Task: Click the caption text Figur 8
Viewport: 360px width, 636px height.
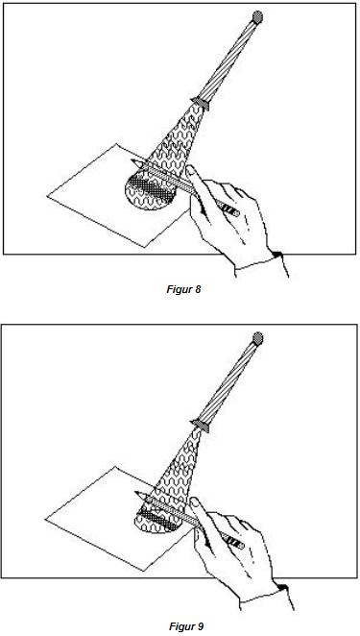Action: tap(183, 289)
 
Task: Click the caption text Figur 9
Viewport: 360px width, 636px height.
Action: tap(186, 626)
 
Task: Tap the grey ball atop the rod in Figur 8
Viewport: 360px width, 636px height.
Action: tap(257, 16)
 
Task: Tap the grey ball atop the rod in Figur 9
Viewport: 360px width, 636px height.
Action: tap(258, 338)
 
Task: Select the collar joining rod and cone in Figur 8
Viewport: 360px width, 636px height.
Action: tap(202, 103)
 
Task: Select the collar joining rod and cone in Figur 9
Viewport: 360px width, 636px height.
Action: tap(202, 425)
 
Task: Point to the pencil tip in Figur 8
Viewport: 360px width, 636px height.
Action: tap(132, 163)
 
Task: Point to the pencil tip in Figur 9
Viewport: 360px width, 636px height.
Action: tap(136, 494)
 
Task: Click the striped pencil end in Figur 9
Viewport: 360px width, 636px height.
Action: tap(235, 541)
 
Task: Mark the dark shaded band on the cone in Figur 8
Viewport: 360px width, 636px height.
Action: tap(152, 187)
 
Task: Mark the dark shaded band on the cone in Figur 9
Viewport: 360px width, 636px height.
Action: tap(159, 521)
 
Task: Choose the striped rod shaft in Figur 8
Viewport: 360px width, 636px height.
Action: tap(229, 58)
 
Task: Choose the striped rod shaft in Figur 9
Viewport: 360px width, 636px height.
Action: tap(229, 380)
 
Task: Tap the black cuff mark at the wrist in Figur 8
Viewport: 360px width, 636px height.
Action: tap(276, 255)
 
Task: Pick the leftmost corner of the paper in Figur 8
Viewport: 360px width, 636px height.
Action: tap(47, 196)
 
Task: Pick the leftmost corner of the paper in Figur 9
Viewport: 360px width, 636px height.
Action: tap(45, 519)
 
